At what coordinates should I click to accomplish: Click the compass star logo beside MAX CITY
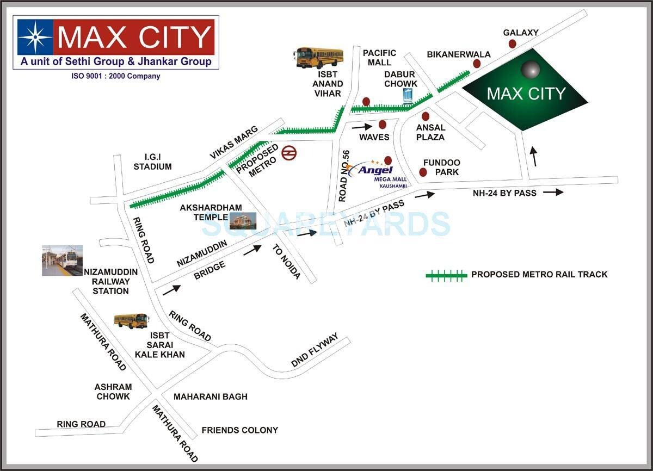click(x=35, y=36)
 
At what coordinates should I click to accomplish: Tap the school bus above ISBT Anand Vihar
click(x=319, y=57)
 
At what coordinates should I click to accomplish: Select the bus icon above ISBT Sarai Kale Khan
click(x=131, y=321)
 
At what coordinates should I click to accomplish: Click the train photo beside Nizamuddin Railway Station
click(x=63, y=260)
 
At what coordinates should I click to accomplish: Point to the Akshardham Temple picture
click(x=243, y=220)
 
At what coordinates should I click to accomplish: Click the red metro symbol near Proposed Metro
click(x=288, y=153)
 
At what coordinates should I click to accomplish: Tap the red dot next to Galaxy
click(x=513, y=44)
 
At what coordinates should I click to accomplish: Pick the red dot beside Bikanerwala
click(x=477, y=64)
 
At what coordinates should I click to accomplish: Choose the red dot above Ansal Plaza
click(x=426, y=116)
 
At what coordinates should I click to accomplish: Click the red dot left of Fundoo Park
click(x=423, y=172)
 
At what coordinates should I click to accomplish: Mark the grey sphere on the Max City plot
click(x=531, y=70)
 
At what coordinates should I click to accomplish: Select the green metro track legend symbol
click(x=446, y=275)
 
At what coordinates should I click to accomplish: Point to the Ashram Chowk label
click(x=113, y=392)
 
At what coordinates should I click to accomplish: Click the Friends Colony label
click(x=239, y=430)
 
